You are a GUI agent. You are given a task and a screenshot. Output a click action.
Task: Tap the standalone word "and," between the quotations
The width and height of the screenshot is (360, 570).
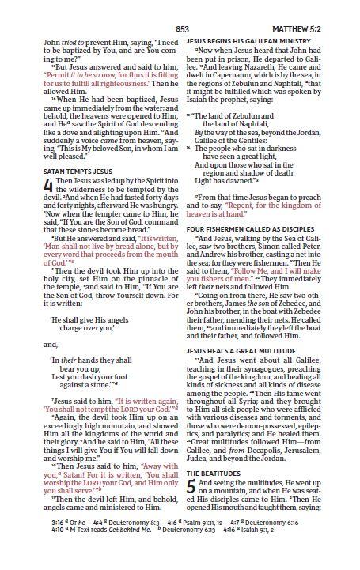pyautogui.click(x=50, y=344)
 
